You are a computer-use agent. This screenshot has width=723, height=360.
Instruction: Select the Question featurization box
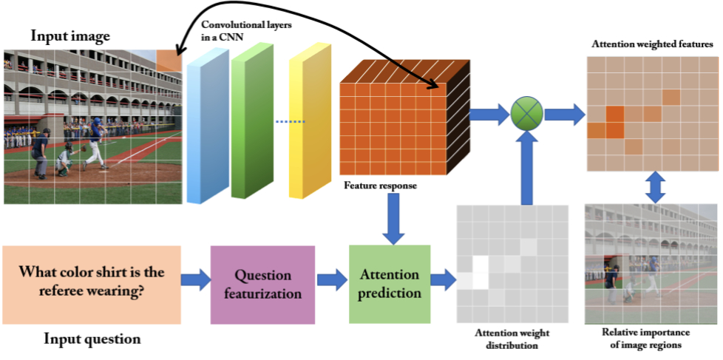point(262,285)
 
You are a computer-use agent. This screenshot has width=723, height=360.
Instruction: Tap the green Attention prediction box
point(389,284)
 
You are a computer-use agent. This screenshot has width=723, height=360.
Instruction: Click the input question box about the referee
point(91,284)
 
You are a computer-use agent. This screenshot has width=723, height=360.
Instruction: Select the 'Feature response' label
point(381,186)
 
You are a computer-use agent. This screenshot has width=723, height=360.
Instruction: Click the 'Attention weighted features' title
point(652,44)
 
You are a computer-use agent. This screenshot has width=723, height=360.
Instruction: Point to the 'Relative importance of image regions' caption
point(651,338)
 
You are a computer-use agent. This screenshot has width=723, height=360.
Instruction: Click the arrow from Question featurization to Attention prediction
point(332,280)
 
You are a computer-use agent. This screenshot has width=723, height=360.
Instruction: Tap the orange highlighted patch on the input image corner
point(169,61)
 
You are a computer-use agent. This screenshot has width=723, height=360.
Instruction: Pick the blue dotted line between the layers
point(291,121)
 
